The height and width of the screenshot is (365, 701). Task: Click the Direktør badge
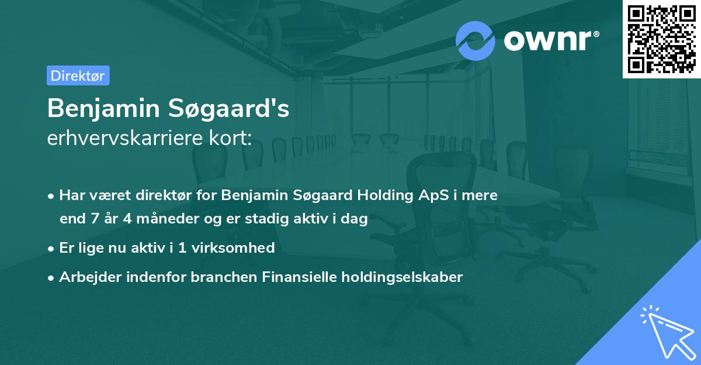78,75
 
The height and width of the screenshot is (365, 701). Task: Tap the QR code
661,39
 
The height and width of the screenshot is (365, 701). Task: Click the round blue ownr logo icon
476,40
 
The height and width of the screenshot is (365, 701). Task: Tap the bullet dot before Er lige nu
52,249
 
